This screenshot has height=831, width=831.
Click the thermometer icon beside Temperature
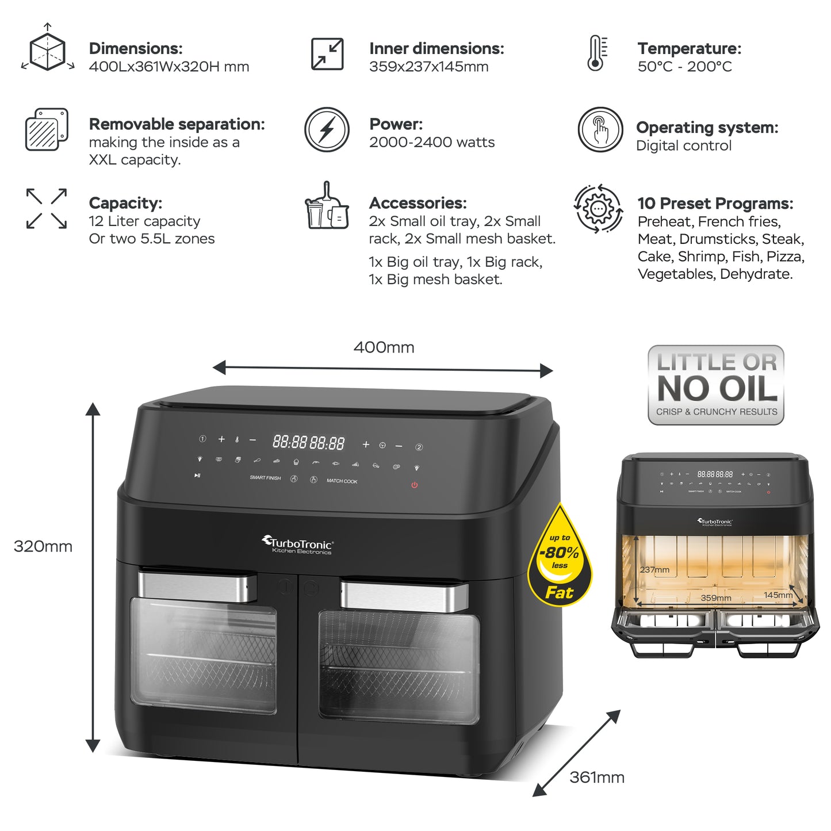pyautogui.click(x=596, y=53)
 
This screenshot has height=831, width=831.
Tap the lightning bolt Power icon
pyautogui.click(x=327, y=129)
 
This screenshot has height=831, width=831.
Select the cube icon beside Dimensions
pyautogui.click(x=48, y=51)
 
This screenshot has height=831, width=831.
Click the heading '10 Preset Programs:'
pyautogui.click(x=715, y=204)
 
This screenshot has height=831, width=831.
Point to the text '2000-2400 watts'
pyautogui.click(x=431, y=143)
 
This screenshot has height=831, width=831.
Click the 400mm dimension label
pyautogui.click(x=384, y=347)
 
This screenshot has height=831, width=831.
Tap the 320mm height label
pyautogui.click(x=43, y=546)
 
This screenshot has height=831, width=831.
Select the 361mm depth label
pyautogui.click(x=596, y=778)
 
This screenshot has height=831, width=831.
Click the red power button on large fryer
pyautogui.click(x=414, y=485)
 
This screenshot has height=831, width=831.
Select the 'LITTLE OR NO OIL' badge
pyautogui.click(x=716, y=385)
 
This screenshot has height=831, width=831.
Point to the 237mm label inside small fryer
pyautogui.click(x=654, y=570)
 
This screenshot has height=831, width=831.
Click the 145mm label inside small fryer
pyautogui.click(x=778, y=595)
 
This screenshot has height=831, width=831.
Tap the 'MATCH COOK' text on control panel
pyautogui.click(x=342, y=481)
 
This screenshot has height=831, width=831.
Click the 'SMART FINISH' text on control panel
pyautogui.click(x=265, y=478)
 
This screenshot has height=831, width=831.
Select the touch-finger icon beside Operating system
pyautogui.click(x=600, y=129)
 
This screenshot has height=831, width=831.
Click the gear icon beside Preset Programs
pyautogui.click(x=598, y=208)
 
